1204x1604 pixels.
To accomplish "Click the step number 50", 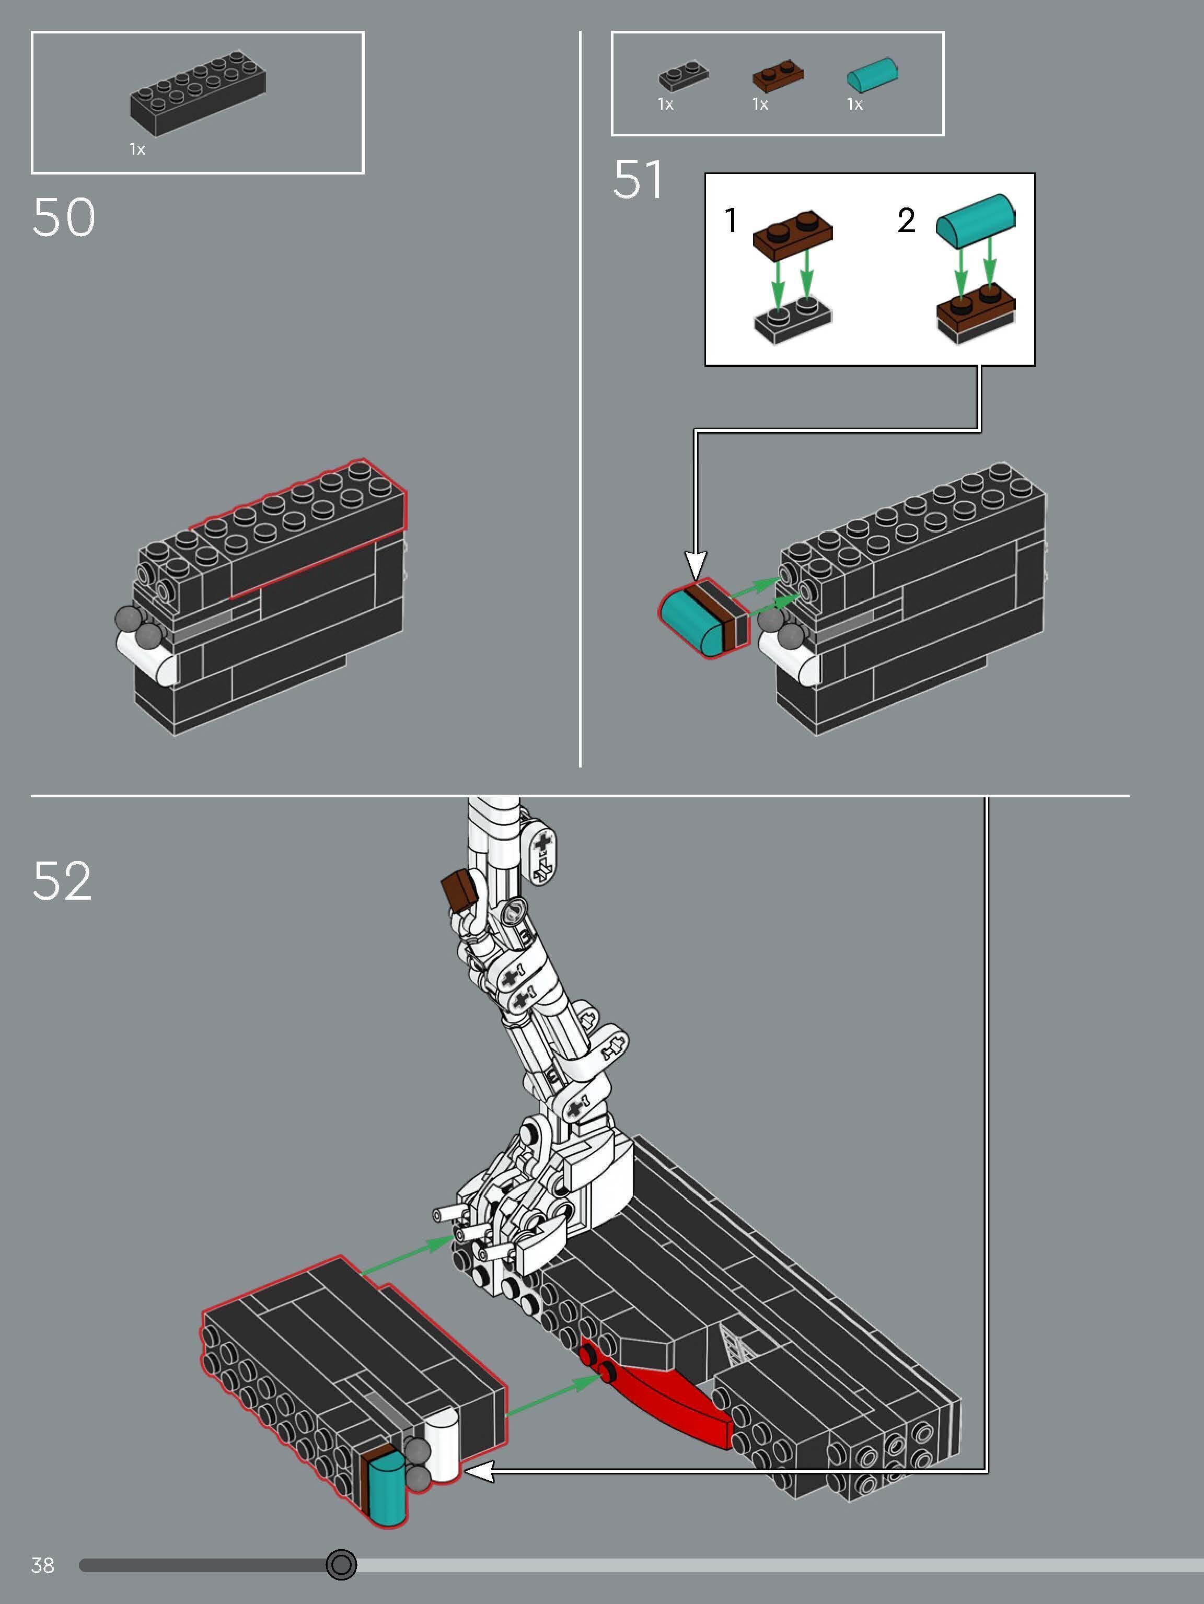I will pos(64,217).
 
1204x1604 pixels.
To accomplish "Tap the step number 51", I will pos(638,180).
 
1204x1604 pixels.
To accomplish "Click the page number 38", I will pos(43,1565).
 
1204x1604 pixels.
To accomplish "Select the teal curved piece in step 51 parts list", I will pos(873,75).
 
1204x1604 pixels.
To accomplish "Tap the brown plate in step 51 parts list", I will pos(778,75).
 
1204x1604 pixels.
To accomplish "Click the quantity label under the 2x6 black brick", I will pos(137,149).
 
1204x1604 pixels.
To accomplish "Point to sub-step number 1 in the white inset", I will pos(731,220).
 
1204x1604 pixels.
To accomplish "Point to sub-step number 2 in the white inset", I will pos(906,220).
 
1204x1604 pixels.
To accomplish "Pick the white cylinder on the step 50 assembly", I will pos(149,658).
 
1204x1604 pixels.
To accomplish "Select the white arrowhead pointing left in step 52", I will pos(479,1471).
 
